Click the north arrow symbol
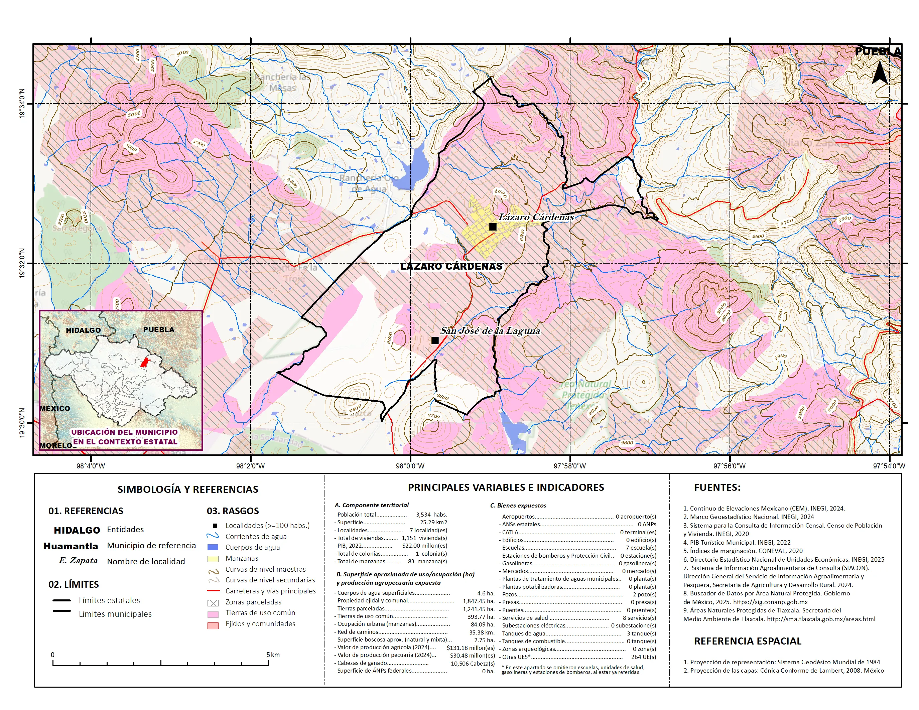[x=880, y=73]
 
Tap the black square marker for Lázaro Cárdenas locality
[x=493, y=227]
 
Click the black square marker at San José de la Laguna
[x=435, y=340]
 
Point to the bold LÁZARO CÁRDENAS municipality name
[x=451, y=266]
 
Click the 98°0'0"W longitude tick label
[x=410, y=466]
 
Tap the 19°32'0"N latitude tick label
[x=22, y=263]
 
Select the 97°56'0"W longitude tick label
[x=729, y=466]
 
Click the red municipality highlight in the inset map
[x=145, y=362]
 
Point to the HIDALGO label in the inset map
[x=83, y=330]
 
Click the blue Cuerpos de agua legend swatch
[x=213, y=547]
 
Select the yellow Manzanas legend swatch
[x=213, y=559]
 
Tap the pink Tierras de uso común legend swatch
[x=213, y=614]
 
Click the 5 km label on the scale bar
[x=273, y=655]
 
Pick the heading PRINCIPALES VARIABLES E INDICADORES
[x=506, y=487]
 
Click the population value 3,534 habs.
[x=431, y=515]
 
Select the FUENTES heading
[x=717, y=487]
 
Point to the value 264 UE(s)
[x=643, y=657]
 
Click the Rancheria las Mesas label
[x=282, y=83]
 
